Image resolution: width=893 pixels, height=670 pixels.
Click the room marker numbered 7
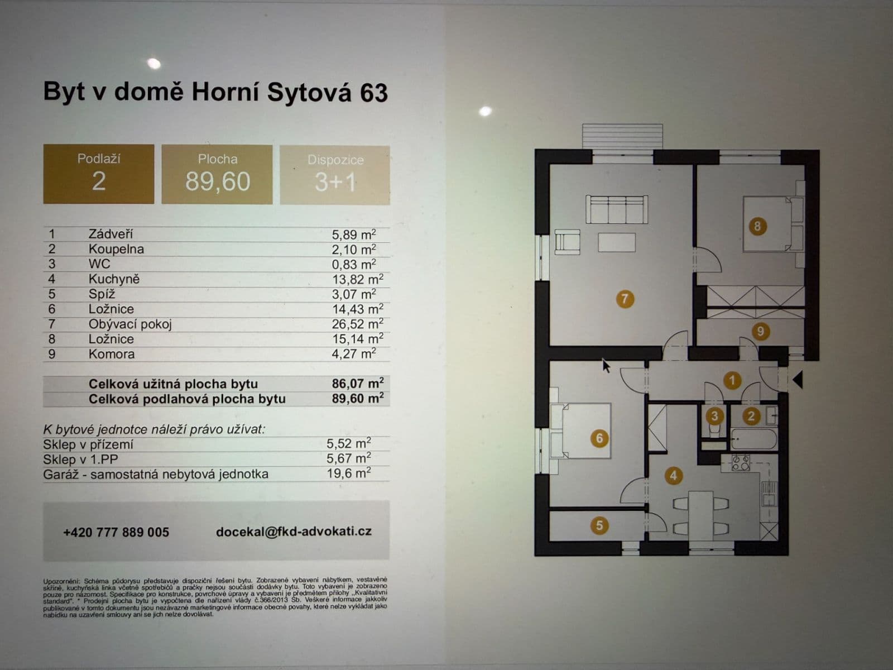[x=624, y=299]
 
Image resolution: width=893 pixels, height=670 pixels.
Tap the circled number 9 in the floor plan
[x=760, y=331]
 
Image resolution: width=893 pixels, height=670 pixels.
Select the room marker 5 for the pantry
[x=599, y=525]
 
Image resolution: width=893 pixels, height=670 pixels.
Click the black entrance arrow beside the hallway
[x=798, y=380]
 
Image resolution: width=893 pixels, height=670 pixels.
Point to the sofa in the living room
[x=616, y=210]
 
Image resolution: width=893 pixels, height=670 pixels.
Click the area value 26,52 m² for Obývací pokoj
[x=357, y=324]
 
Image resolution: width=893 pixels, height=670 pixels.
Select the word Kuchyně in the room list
[x=114, y=279]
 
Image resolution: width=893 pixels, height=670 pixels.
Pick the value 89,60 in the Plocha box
[x=218, y=181]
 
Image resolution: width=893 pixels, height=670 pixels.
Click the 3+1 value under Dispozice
[x=335, y=182]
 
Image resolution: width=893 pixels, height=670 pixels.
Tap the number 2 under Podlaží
[x=99, y=181]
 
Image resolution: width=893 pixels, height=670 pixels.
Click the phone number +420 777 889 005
[x=116, y=532]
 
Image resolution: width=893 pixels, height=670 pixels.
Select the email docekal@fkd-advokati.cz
[x=294, y=532]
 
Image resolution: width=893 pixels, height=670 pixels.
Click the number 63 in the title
[x=373, y=93]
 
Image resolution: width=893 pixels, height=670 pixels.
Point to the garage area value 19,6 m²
[x=348, y=473]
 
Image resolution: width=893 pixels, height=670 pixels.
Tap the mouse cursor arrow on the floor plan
[x=606, y=366]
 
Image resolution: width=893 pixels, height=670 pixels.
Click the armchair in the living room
[x=568, y=242]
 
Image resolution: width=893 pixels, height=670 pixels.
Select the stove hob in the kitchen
[x=741, y=462]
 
